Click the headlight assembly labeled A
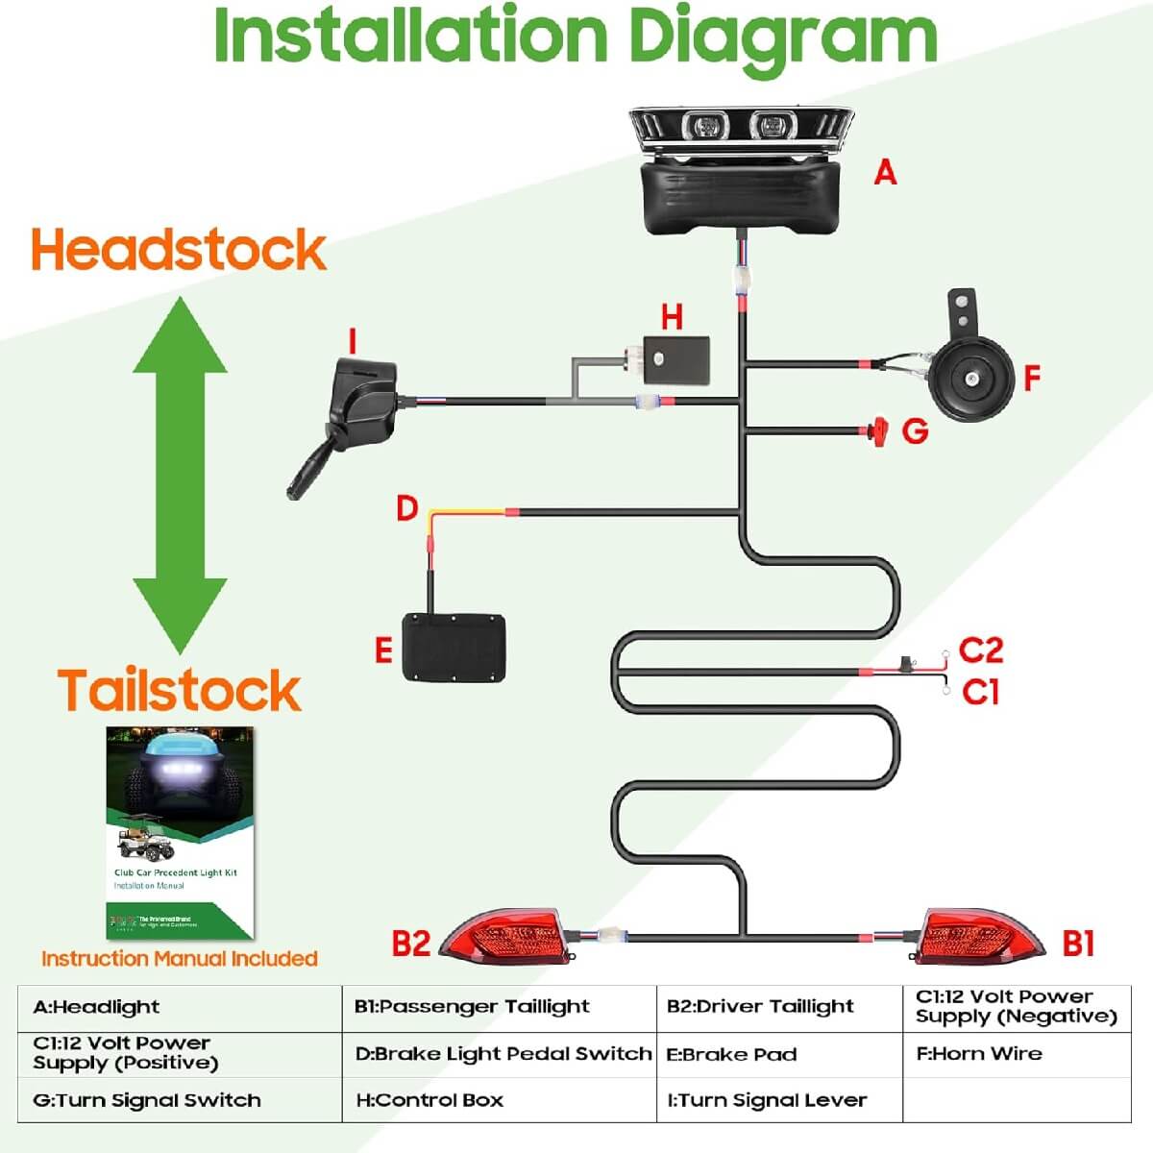740,168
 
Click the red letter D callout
407,507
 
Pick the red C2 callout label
980,650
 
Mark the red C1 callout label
980,691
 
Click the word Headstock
179,250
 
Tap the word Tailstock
179,690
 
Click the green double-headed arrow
180,476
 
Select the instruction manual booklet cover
180,832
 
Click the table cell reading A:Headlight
96,1007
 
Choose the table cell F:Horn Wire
978,1053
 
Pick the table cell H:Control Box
429,1100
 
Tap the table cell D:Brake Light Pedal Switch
503,1053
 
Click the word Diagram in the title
782,37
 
